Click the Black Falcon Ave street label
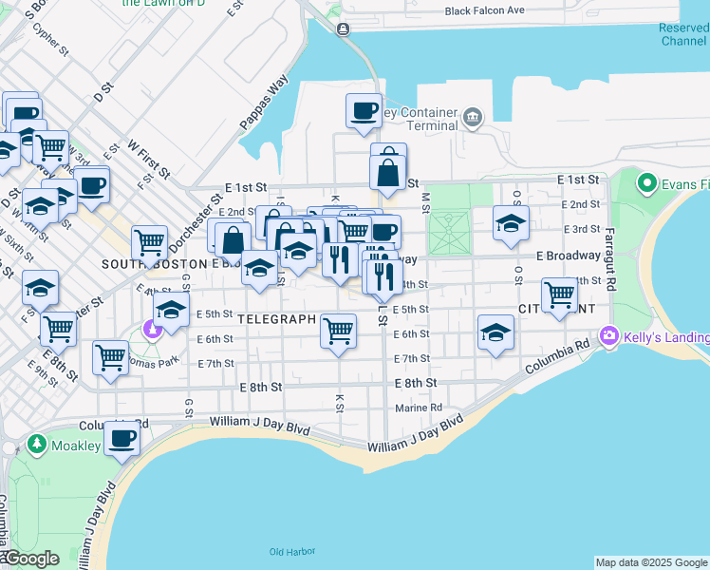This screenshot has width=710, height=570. (x=485, y=10)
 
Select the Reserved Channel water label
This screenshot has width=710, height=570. (x=682, y=34)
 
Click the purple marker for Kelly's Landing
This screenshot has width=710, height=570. (x=608, y=336)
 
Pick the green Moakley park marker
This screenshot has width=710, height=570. (x=37, y=444)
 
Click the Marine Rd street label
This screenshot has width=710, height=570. (x=419, y=408)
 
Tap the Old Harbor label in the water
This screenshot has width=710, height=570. (x=290, y=552)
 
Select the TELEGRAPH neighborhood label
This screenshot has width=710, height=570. (x=276, y=319)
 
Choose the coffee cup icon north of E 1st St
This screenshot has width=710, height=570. (x=364, y=111)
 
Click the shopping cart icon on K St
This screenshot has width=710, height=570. (x=338, y=331)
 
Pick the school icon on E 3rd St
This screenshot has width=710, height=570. (x=511, y=223)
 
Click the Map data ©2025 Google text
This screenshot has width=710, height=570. (x=651, y=562)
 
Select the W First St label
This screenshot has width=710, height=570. (x=148, y=160)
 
